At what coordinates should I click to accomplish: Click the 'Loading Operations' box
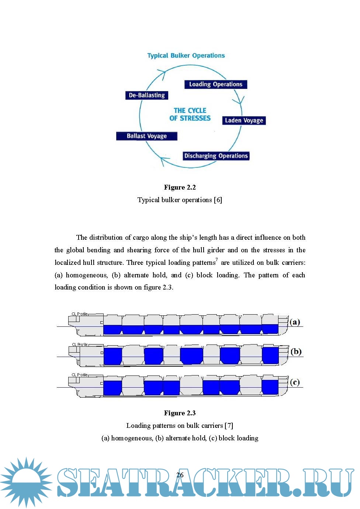coord(216,84)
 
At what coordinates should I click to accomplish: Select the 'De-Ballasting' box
coord(147,95)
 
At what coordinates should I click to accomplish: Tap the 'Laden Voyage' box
coord(244,121)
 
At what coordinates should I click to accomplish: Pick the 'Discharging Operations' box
coord(216,156)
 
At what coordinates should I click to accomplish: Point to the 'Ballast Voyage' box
coord(147,136)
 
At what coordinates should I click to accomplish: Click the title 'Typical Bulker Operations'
coord(186,56)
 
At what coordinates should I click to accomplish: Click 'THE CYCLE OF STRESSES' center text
coord(190,114)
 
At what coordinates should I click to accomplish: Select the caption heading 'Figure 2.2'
coord(180,187)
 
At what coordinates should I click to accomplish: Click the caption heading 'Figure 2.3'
coord(180,413)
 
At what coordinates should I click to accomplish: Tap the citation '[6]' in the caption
coord(218,200)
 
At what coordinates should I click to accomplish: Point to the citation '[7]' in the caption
coord(229,426)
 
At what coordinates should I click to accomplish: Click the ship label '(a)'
coord(295,322)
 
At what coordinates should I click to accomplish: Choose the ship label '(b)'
coord(296,352)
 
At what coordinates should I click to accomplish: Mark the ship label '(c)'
coord(295,382)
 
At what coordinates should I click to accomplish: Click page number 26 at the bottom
coord(180,475)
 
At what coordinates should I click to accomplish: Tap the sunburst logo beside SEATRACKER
coord(26,481)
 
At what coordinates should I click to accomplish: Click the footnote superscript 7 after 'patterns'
coord(217,260)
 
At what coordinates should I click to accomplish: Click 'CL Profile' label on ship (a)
coord(80,314)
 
